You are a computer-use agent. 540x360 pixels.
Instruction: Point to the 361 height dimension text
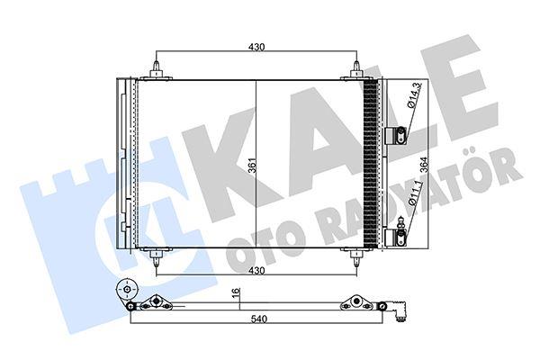(253, 167)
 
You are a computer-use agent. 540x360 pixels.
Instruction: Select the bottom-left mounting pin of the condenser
(157, 257)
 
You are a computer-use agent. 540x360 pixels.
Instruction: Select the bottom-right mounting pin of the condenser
(357, 257)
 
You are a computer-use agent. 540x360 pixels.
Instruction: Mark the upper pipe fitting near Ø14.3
(397, 135)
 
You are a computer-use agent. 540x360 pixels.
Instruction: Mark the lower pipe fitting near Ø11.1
(397, 236)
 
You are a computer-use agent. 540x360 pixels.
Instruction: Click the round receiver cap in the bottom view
(126, 292)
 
